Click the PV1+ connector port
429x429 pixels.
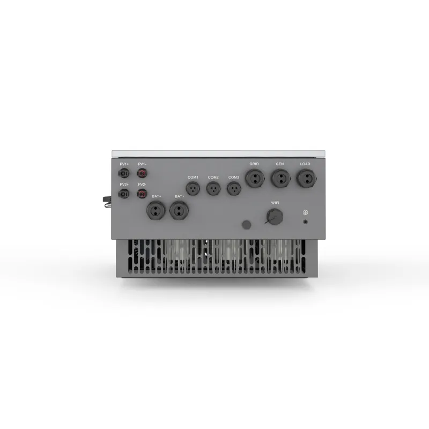(124, 174)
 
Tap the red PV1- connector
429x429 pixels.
(142, 174)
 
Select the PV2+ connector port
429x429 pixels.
(124, 194)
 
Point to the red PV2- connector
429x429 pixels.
(142, 194)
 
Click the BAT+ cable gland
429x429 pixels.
(156, 210)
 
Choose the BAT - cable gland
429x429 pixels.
(179, 210)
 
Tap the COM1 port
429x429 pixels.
(193, 188)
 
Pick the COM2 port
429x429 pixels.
(213, 188)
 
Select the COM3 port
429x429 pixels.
(233, 188)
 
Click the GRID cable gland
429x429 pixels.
(255, 178)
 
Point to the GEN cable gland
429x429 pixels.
(280, 178)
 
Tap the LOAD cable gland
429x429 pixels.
(305, 178)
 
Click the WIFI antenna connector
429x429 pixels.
(275, 216)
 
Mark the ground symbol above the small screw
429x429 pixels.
(305, 212)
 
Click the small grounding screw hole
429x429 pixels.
(305, 220)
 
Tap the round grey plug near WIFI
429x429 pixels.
(246, 224)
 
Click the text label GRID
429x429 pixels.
(254, 164)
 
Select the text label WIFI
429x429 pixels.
(275, 203)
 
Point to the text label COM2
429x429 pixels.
(213, 177)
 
